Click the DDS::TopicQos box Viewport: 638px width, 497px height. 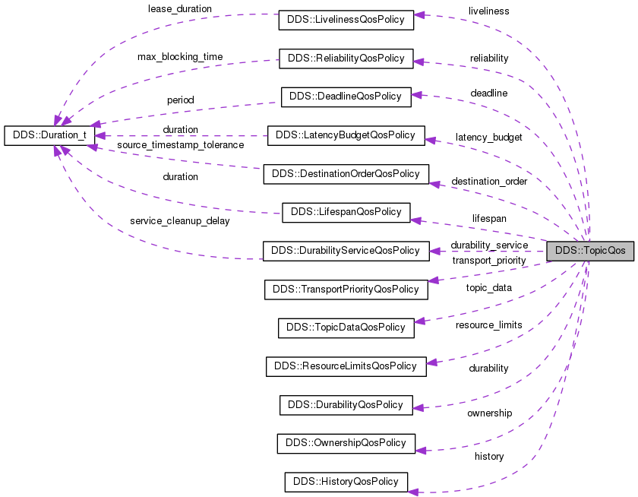click(x=590, y=251)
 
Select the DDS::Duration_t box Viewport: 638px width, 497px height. click(x=49, y=135)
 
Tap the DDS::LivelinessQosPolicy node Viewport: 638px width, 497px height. click(x=346, y=20)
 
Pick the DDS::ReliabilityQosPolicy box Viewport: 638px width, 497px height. click(x=346, y=58)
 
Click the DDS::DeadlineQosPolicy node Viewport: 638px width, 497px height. click(x=346, y=97)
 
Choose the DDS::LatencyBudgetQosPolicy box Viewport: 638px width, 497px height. click(x=346, y=135)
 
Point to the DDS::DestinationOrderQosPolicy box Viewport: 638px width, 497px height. click(x=346, y=173)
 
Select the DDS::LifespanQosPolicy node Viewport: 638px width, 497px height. click(x=346, y=212)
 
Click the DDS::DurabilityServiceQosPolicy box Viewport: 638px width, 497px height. click(x=346, y=250)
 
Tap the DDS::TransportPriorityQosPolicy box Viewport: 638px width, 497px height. click(x=346, y=289)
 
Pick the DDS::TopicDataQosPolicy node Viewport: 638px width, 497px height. click(x=346, y=328)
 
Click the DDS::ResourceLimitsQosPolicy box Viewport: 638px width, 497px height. click(x=346, y=366)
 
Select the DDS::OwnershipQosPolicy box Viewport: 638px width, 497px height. click(x=346, y=442)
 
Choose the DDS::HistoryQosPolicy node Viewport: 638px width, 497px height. click(x=346, y=481)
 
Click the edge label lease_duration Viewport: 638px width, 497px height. click(x=179, y=8)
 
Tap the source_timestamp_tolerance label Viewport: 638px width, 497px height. click(x=180, y=144)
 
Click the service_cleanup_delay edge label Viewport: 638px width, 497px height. click(x=179, y=221)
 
